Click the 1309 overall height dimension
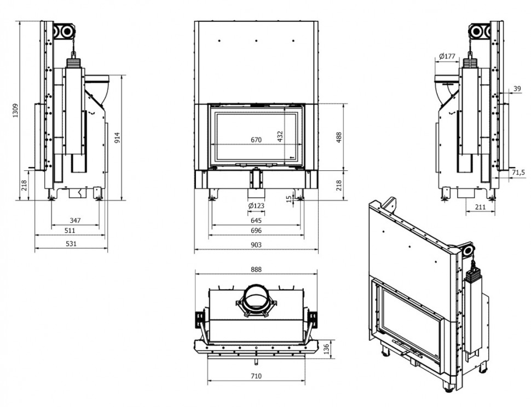pos(15,111)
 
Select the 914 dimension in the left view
pos(117,137)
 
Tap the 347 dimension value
pos(75,220)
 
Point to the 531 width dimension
pos(71,243)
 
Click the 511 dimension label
pos(70,231)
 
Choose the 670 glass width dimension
pos(256,140)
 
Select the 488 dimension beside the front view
pos(339,137)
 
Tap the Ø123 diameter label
pos(256,206)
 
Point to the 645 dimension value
pos(256,220)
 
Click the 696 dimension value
pos(256,231)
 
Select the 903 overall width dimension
pos(256,245)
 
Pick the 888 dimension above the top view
pos(256,270)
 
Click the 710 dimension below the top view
pos(256,376)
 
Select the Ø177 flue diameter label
pos(447,56)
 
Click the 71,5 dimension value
pos(518,173)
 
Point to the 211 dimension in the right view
pos(480,207)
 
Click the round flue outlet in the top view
pos(256,299)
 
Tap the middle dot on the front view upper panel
pos(256,41)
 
